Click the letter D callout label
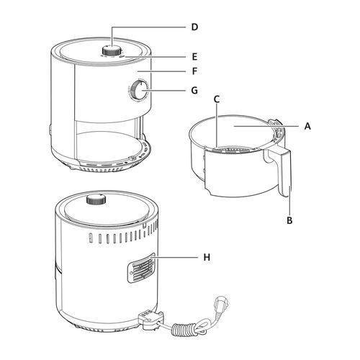[x=194, y=27]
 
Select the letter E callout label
[x=194, y=57]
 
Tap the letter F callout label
[x=194, y=71]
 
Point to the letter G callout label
[x=194, y=91]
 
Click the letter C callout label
[x=217, y=99]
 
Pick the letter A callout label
[x=307, y=126]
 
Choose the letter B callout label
[x=289, y=220]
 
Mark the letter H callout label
[x=207, y=257]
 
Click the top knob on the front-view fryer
[x=112, y=50]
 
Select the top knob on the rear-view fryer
[x=96, y=199]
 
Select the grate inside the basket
[x=232, y=150]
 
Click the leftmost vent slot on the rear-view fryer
[x=91, y=238]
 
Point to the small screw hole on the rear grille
[x=131, y=273]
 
